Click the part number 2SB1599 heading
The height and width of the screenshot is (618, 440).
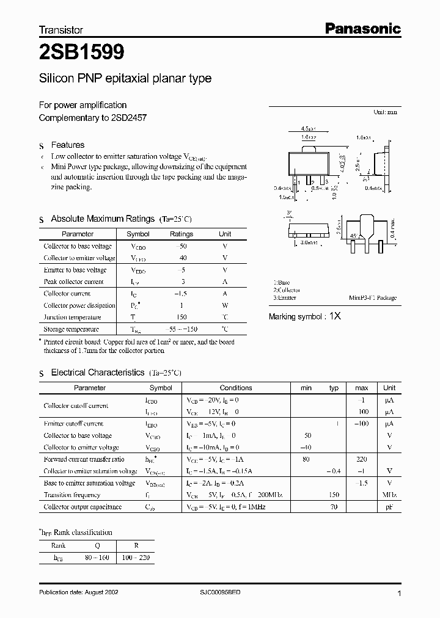(x=82, y=53)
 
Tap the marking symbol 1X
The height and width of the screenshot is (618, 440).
(x=335, y=317)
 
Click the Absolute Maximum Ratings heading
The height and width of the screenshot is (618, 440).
(x=103, y=219)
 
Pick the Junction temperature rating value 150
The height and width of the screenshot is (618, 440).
(x=181, y=317)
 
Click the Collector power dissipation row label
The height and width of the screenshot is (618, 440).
(x=79, y=305)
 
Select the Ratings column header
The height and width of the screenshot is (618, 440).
(x=181, y=234)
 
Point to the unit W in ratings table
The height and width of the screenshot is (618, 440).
(x=225, y=305)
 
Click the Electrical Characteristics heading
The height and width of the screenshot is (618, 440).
(x=98, y=372)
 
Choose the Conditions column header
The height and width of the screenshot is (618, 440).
(x=235, y=388)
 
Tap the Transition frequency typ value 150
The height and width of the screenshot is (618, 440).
(x=334, y=495)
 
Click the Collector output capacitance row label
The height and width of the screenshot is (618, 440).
(x=82, y=507)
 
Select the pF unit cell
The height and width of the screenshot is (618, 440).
(x=389, y=507)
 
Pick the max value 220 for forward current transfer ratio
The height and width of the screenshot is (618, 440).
(x=361, y=459)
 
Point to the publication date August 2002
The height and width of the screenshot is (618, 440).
(x=83, y=593)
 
